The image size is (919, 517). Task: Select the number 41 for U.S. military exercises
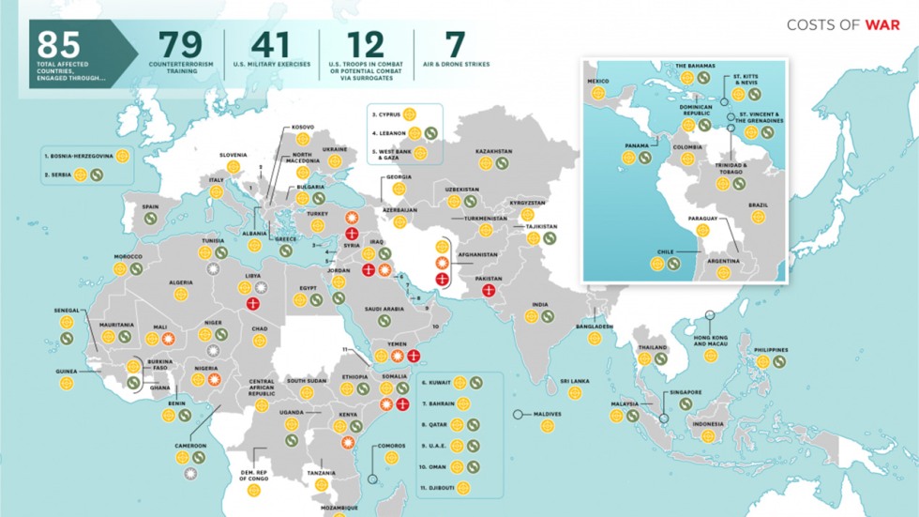[x=268, y=45]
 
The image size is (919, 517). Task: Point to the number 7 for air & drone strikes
[x=454, y=45]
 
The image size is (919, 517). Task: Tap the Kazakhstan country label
[x=493, y=151]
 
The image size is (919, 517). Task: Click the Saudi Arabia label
[x=384, y=309]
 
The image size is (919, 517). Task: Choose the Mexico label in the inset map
[x=597, y=82]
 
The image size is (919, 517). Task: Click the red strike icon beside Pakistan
[x=489, y=291]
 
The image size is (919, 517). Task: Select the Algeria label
[x=180, y=282]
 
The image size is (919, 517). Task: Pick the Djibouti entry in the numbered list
[x=440, y=488]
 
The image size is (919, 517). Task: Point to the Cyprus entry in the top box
[x=386, y=114]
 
